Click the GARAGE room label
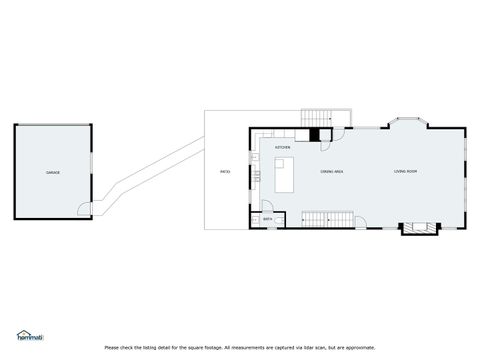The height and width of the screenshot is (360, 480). [52, 173]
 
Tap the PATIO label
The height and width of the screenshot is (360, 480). [225, 173]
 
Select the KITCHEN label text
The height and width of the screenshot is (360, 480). [283, 148]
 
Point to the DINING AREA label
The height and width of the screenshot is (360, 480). [332, 173]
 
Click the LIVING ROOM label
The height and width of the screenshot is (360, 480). [405, 173]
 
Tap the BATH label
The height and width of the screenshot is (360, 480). [268, 217]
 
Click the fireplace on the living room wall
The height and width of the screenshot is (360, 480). [418, 228]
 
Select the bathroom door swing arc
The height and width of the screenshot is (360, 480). [280, 216]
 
